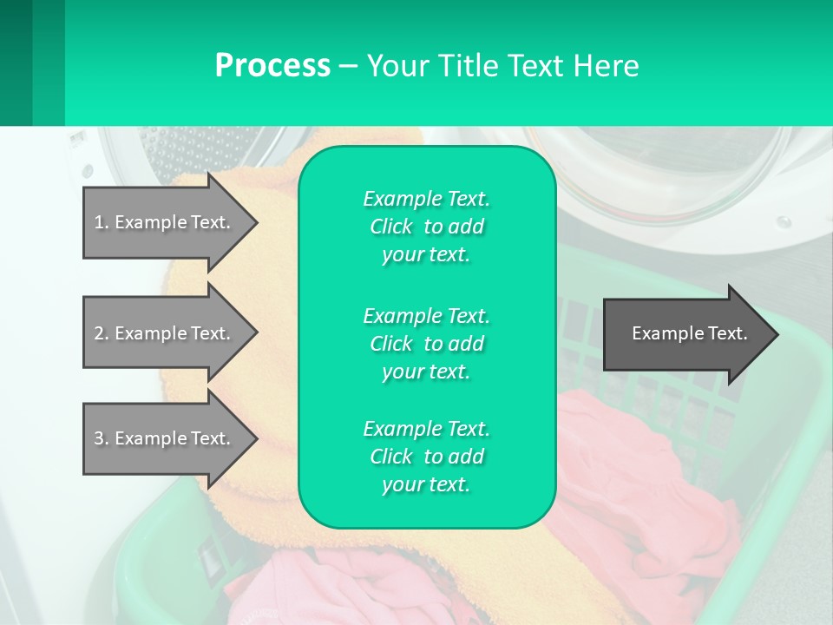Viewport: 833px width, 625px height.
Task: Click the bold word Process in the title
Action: [x=272, y=66]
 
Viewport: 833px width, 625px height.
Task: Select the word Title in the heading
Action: [x=462, y=66]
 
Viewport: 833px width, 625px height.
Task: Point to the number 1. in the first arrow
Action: [x=102, y=222]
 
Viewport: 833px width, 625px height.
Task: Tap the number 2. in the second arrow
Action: [x=102, y=333]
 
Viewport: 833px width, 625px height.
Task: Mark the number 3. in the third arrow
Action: [x=102, y=438]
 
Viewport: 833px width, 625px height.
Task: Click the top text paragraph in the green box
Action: [x=426, y=227]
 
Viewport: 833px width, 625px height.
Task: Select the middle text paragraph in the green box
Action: [x=426, y=344]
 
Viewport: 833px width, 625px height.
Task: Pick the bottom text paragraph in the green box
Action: [x=426, y=457]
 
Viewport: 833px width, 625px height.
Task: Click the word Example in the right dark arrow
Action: [x=661, y=333]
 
